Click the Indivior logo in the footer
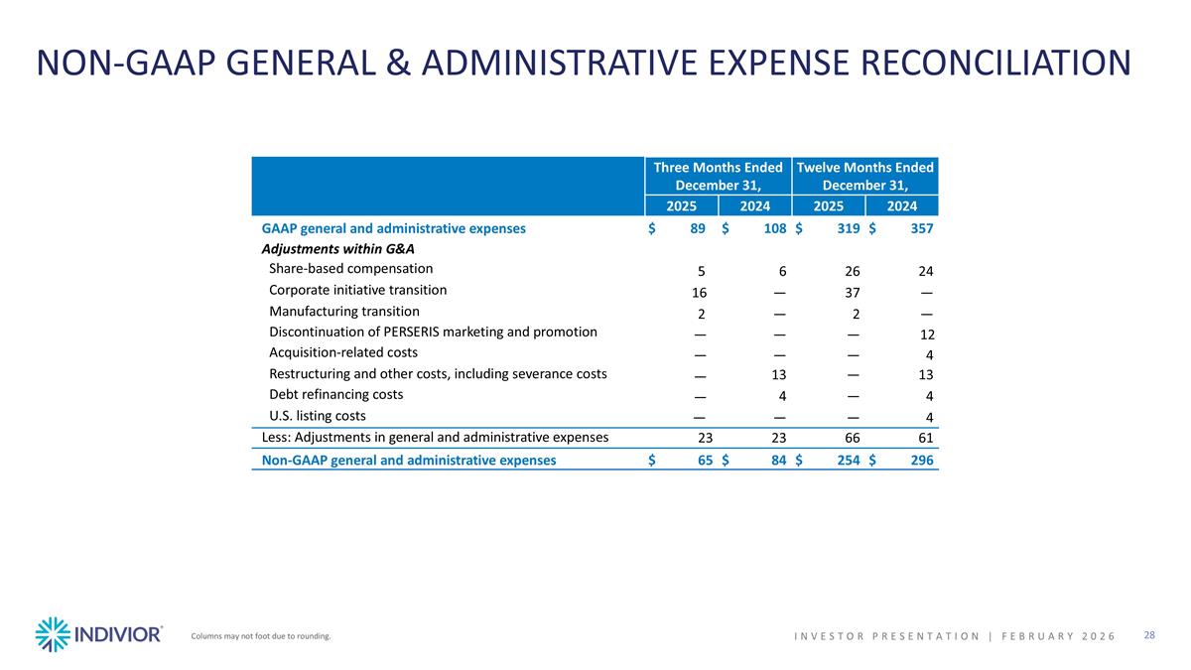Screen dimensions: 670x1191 pos(98,634)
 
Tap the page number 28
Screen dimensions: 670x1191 pos(1149,635)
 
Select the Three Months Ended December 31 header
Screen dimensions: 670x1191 pos(718,176)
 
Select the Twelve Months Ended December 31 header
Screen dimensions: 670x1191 pos(865,176)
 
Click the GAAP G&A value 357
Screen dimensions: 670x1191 pos(922,229)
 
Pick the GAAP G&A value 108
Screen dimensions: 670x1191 pos(774,229)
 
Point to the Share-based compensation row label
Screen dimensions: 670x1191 pos(350,269)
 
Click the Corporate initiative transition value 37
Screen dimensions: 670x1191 pos(851,293)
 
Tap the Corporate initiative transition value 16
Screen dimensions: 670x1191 pos(699,293)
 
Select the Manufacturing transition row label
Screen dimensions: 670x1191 pos(343,311)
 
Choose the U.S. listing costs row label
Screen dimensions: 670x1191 pos(317,415)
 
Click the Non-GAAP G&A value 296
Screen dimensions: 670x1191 pos(922,461)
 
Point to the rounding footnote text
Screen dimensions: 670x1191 pos(260,636)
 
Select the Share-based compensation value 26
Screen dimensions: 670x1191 pos(852,272)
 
